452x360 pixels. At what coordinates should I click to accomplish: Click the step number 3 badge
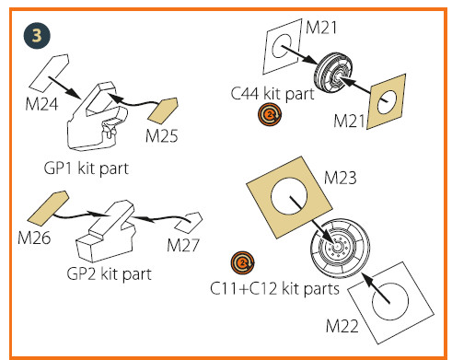click(37, 35)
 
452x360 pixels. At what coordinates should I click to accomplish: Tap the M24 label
click(41, 104)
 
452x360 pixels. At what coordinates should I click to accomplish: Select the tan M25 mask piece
click(163, 110)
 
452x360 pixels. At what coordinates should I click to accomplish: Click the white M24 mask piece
click(49, 74)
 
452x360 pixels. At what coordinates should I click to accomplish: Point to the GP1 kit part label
click(87, 168)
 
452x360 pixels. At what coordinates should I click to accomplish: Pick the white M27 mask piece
click(189, 222)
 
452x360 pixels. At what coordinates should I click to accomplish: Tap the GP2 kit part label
click(110, 273)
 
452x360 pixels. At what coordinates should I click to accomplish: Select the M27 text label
click(183, 245)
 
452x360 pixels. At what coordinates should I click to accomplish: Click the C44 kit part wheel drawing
click(333, 73)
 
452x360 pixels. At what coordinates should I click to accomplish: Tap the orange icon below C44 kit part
click(270, 115)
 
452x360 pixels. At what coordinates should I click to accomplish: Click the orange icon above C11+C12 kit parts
click(243, 262)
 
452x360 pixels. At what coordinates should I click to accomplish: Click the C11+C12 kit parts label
click(274, 288)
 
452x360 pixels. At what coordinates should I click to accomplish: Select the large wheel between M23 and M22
click(340, 247)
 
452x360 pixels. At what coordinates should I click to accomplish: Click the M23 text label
click(341, 178)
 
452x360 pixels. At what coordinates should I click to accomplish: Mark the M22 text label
click(342, 326)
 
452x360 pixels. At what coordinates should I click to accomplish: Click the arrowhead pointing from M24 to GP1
click(75, 93)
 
